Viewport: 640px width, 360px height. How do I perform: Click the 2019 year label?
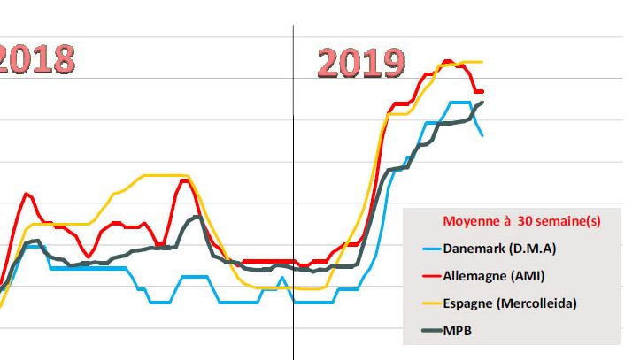(360, 63)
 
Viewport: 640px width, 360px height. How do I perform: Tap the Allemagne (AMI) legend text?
(496, 276)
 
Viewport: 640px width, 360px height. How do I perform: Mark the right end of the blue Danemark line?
(482, 135)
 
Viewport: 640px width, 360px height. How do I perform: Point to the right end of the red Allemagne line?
(482, 91)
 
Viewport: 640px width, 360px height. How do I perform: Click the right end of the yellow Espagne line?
(482, 62)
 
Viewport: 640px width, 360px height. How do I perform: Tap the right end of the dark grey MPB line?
(482, 103)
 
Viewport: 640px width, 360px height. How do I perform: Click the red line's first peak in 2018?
(27, 194)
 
